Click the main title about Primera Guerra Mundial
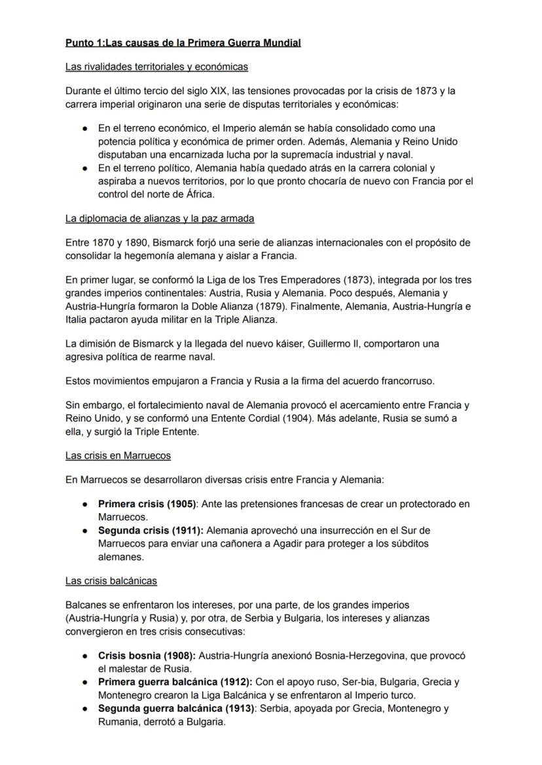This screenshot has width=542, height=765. [x=183, y=43]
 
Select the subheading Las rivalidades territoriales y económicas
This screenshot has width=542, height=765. [x=156, y=67]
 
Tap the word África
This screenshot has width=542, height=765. [x=198, y=194]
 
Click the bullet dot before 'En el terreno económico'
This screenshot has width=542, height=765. [x=85, y=128]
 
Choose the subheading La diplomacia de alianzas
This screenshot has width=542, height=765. [x=160, y=218]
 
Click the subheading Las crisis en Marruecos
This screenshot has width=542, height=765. [x=118, y=455]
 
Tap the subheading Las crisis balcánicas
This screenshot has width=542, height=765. [x=111, y=580]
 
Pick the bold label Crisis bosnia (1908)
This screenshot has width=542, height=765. [x=147, y=655]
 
